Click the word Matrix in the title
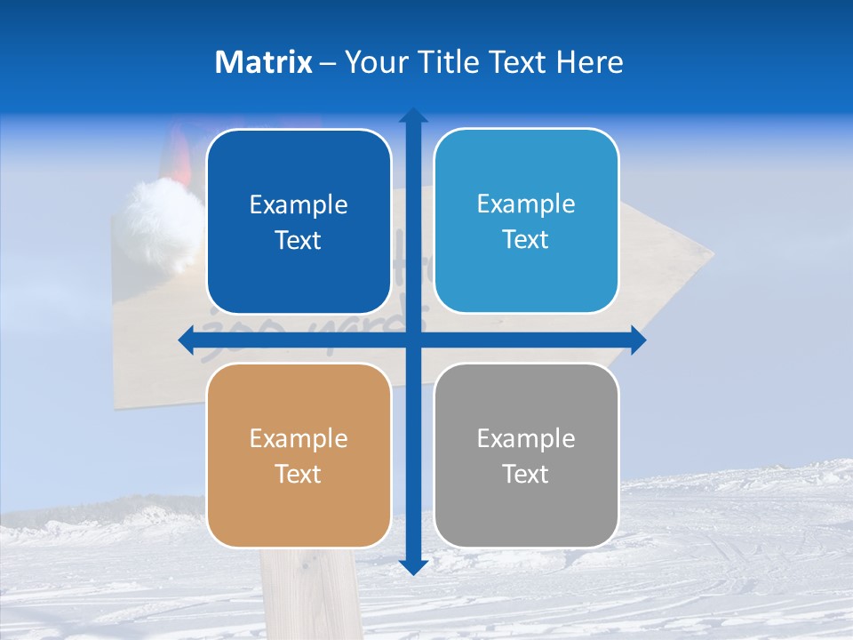(x=264, y=62)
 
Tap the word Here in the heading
(x=589, y=62)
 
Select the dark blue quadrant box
(x=299, y=221)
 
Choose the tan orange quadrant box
(x=299, y=455)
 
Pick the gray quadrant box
(x=526, y=455)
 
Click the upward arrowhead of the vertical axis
(x=412, y=116)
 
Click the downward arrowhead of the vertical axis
(x=412, y=566)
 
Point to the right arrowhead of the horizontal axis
(x=638, y=340)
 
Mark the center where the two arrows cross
(x=412, y=340)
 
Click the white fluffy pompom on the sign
(x=164, y=218)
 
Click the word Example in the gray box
(x=526, y=438)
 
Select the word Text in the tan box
(x=299, y=474)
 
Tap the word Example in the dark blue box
(x=299, y=204)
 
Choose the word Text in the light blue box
(x=526, y=239)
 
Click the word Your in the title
(x=373, y=62)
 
